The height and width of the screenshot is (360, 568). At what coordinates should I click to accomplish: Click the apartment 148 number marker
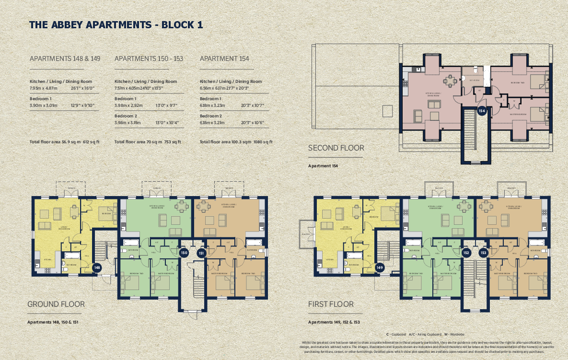pos(97,267)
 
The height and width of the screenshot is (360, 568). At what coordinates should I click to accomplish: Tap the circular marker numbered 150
pos(184,253)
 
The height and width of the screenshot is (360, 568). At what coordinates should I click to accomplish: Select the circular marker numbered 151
pos(201,253)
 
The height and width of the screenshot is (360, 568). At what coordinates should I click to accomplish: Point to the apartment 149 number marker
pos(380,267)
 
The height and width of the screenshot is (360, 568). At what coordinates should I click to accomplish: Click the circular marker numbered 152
pos(466,253)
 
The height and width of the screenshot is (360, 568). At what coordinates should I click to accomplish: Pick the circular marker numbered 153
pos(483,253)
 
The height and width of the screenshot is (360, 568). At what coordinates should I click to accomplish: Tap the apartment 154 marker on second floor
pos(482,111)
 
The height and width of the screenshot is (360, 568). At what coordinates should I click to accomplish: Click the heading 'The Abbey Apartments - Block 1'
pos(116,25)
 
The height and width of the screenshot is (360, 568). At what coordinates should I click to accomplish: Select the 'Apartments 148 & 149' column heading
pos(65,58)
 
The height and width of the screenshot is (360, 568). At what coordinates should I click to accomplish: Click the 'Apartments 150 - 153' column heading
pos(149,58)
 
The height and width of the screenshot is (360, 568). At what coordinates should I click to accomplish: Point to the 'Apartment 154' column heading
pos(224,58)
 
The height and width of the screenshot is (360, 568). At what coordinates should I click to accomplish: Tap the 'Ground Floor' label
pos(56,304)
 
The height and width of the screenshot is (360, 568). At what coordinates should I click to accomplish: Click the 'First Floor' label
pos(331,304)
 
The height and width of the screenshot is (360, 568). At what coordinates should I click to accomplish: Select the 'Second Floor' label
pos(336,148)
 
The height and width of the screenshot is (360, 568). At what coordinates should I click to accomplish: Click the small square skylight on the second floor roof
pos(387,111)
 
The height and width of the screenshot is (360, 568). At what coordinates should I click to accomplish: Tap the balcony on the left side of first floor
pos(305,234)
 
